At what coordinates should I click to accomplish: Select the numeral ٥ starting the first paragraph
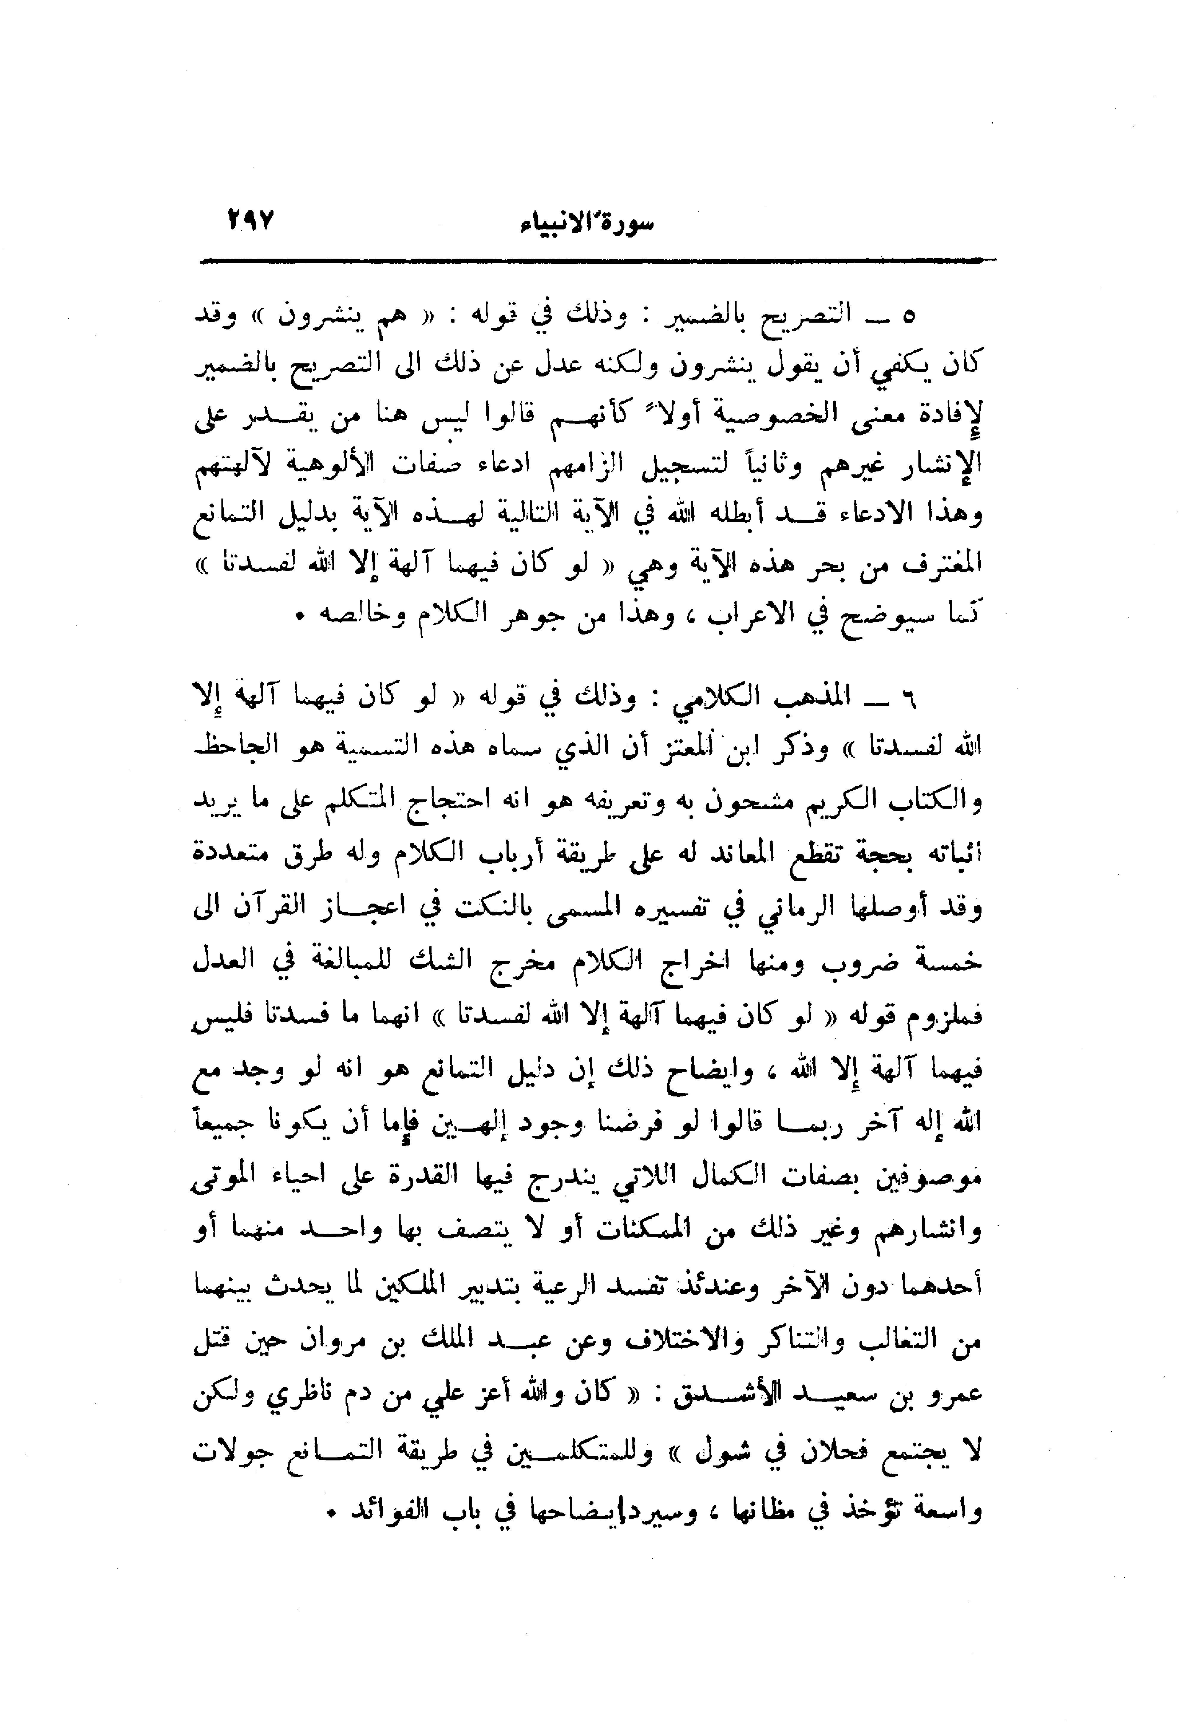(908, 317)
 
